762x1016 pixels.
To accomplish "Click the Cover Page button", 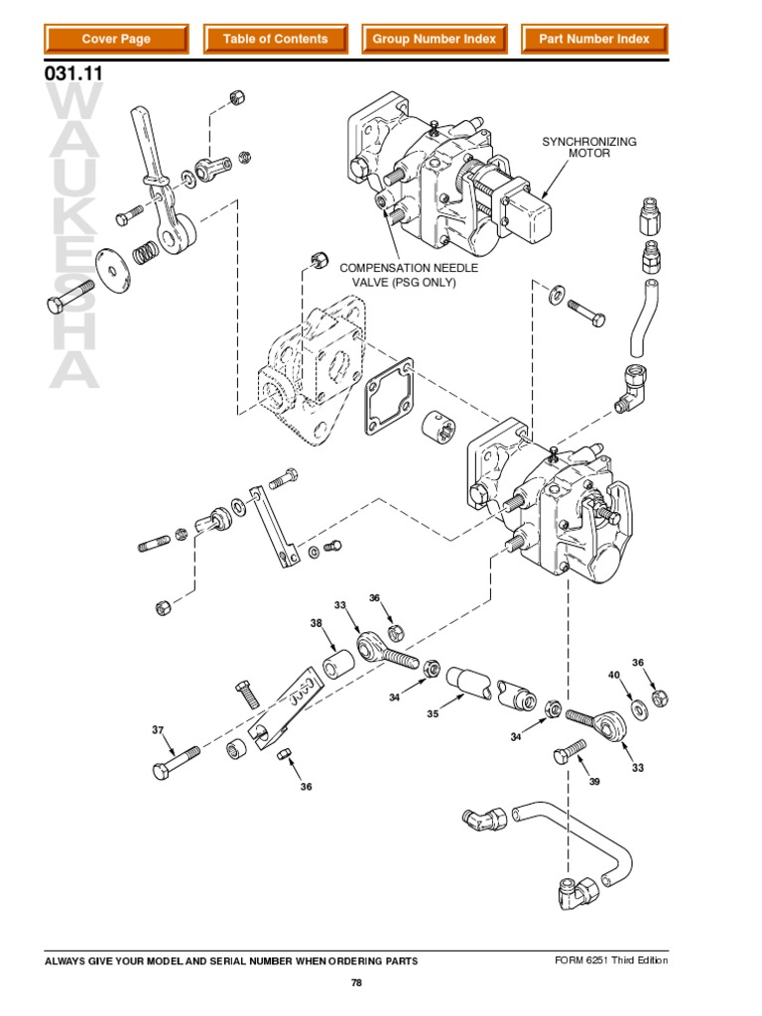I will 115,40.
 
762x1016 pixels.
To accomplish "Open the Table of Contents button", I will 275,40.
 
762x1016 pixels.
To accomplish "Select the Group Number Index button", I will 434,40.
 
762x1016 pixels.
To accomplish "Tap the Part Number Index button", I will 593,40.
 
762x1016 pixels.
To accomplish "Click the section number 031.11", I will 74,73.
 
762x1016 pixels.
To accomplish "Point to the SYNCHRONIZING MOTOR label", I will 589,148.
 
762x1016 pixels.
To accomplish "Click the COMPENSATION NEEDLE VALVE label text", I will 409,276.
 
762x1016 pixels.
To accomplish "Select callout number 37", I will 157,730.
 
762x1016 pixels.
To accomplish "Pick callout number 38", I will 316,624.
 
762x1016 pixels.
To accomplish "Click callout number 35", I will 433,713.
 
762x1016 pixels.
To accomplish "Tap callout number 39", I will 594,782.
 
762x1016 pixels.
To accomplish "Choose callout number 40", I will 614,676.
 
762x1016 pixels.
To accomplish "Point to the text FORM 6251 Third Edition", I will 611,960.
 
